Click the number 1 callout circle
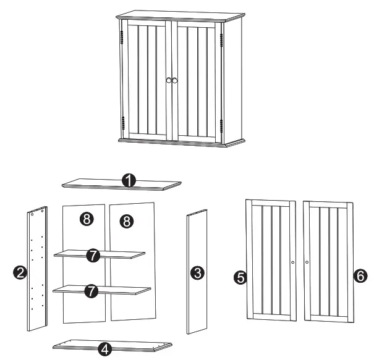129,180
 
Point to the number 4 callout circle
106,348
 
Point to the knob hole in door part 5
292,262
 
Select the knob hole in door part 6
307,262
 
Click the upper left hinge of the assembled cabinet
122,38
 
